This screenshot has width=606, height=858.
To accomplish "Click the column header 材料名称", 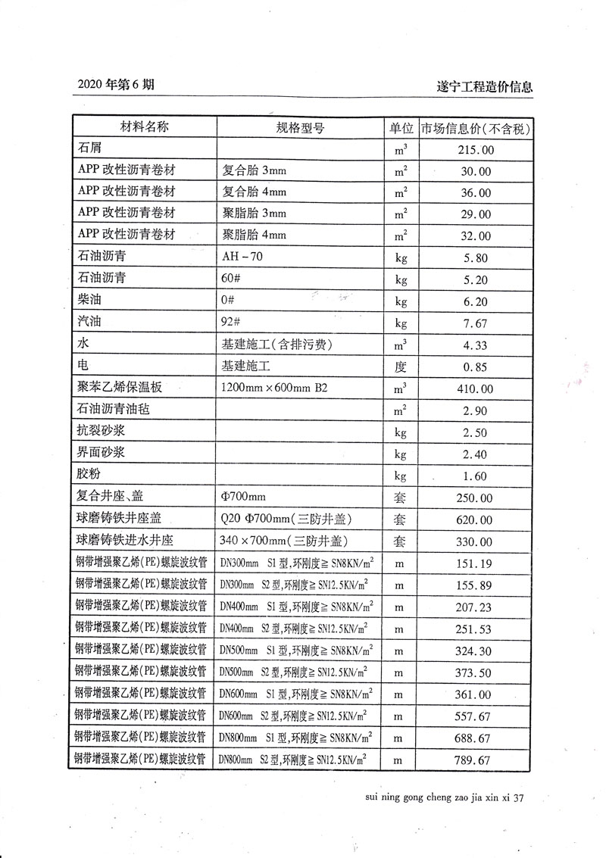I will tap(144, 127).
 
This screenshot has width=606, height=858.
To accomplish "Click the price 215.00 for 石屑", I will tap(476, 150).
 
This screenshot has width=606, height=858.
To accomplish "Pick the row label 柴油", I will tap(89, 301).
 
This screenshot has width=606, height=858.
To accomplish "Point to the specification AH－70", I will tap(242, 257).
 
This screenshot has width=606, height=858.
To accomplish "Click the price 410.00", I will tap(476, 389).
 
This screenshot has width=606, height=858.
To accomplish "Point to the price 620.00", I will tap(476, 520).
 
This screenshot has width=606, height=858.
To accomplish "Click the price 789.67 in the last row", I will tap(476, 760).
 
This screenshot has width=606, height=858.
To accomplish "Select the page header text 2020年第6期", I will tap(116, 85).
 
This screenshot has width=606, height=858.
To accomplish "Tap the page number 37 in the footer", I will tap(518, 797).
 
